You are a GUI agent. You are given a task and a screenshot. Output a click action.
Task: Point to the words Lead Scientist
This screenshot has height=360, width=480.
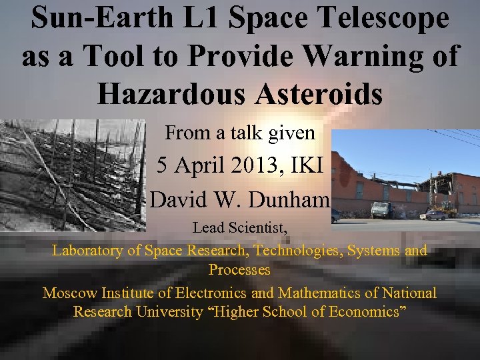(240, 228)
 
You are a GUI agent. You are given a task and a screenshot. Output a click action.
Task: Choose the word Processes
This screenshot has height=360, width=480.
(239, 270)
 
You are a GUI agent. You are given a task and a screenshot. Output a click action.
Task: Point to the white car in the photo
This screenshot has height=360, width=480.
(433, 215)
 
